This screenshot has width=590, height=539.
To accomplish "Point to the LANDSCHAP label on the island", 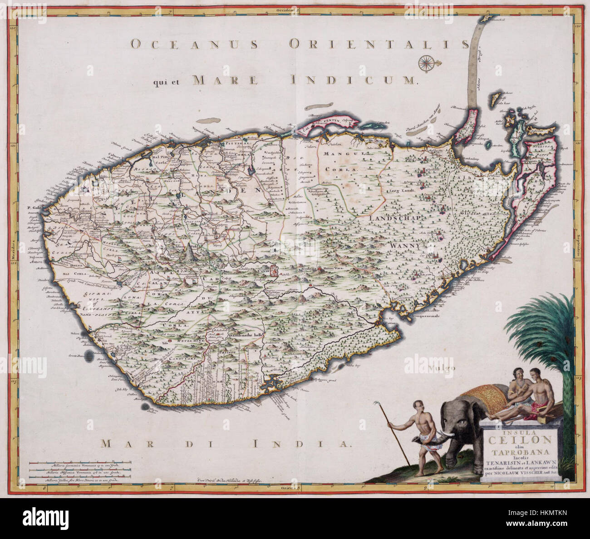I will pos(396,218).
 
